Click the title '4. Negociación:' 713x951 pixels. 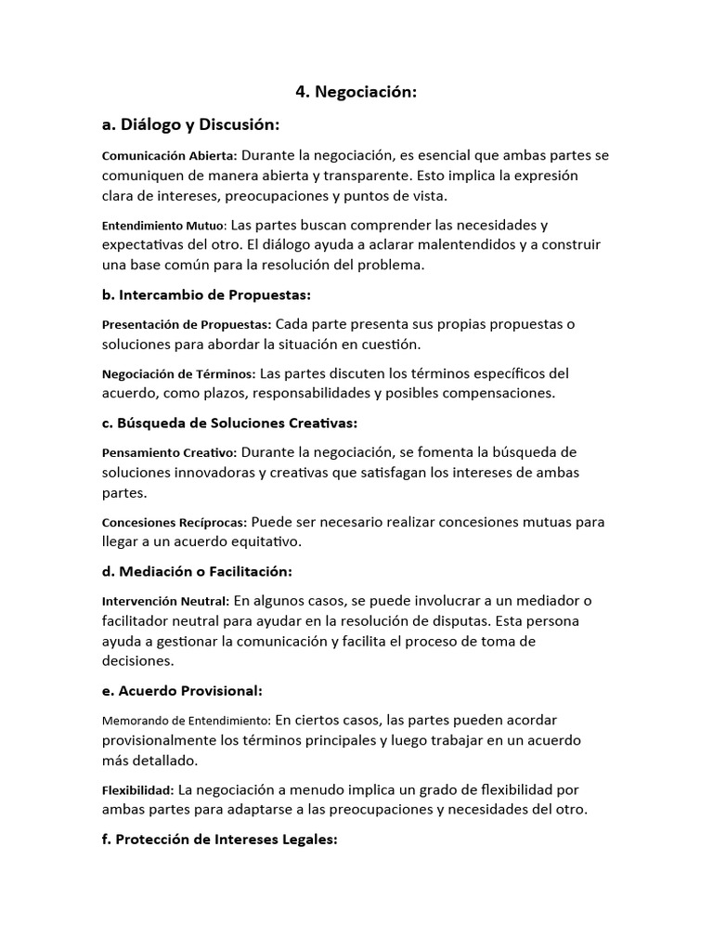coord(356,92)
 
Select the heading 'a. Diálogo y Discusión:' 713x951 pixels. coord(190,124)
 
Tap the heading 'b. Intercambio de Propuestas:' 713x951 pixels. coord(205,294)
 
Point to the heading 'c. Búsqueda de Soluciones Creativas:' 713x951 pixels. coord(229,423)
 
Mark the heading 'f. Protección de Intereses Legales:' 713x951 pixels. coord(219,839)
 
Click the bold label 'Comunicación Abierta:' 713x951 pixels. coord(170,156)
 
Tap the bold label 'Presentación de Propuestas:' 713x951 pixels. coord(186,325)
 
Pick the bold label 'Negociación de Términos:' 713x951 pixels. coord(178,374)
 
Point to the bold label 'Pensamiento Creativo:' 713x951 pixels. coord(169,453)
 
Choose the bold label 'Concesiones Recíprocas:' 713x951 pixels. coord(174,523)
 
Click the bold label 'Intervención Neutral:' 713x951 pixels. coord(165,602)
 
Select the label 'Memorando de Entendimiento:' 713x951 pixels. coord(186,721)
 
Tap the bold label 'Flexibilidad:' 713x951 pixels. coord(137,790)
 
